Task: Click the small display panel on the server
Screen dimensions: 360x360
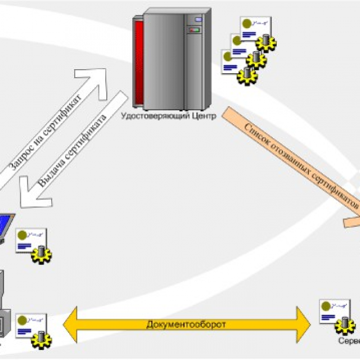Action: pyautogui.click(x=196, y=21)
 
